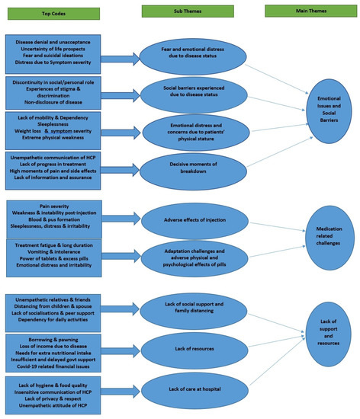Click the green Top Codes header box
(x=52, y=13)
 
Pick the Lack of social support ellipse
(x=195, y=308)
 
